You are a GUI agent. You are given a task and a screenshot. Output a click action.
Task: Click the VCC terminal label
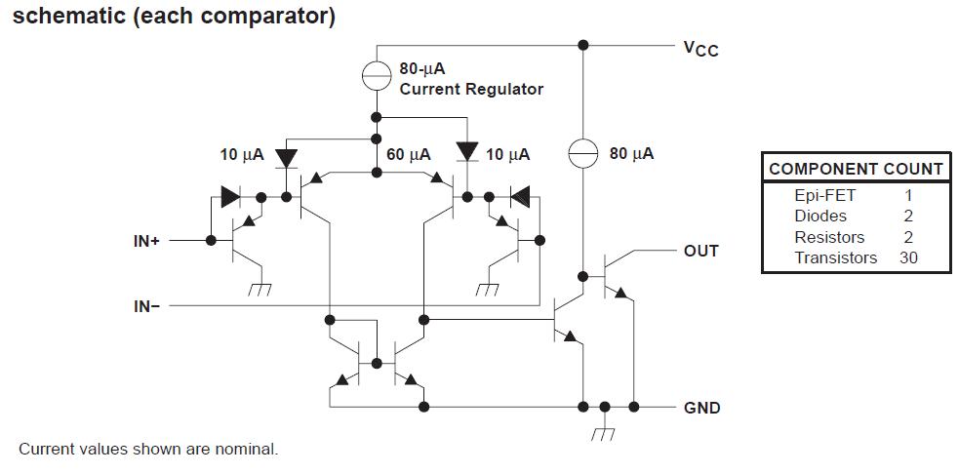(x=700, y=49)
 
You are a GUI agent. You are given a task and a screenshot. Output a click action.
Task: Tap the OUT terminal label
(x=700, y=251)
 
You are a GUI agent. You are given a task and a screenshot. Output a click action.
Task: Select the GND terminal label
(x=702, y=408)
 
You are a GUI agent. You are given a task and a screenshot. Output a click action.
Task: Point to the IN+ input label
(x=146, y=241)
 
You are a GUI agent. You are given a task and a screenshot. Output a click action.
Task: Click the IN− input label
(x=146, y=306)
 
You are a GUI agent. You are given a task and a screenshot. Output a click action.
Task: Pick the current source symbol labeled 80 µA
(x=583, y=154)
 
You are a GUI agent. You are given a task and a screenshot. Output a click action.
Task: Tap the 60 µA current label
(x=408, y=155)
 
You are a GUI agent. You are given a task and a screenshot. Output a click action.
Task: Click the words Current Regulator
(x=471, y=89)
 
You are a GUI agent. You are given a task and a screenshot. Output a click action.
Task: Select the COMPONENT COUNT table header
(x=856, y=169)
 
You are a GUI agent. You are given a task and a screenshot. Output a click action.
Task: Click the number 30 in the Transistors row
(x=908, y=258)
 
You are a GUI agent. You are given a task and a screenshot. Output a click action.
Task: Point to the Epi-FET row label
(x=824, y=195)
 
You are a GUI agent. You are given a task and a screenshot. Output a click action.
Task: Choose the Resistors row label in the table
(x=829, y=237)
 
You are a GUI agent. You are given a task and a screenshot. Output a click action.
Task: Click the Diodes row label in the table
(x=820, y=216)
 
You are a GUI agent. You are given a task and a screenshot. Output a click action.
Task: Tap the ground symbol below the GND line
(x=605, y=431)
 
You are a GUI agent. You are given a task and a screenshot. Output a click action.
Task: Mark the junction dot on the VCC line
(x=583, y=45)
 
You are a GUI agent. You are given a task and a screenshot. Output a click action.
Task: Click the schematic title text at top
(x=174, y=18)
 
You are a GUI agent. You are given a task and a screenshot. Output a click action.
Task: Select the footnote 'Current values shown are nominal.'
(x=148, y=450)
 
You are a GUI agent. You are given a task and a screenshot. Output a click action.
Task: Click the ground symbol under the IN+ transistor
(x=259, y=289)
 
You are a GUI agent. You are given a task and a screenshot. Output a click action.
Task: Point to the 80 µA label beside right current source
(x=631, y=154)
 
